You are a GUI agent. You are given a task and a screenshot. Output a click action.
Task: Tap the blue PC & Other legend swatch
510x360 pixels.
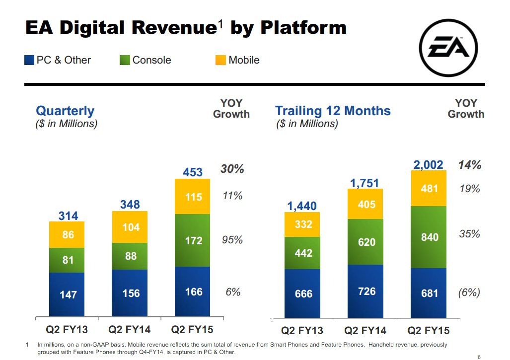click(29, 61)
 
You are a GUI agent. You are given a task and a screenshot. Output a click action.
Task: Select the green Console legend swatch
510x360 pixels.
click(125, 61)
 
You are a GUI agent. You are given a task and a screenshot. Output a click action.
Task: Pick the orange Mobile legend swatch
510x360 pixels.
click(221, 61)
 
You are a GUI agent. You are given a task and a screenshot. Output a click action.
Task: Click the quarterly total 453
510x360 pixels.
click(193, 172)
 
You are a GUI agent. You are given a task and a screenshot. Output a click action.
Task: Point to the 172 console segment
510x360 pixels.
click(193, 240)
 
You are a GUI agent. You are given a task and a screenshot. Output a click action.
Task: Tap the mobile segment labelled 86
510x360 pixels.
click(68, 234)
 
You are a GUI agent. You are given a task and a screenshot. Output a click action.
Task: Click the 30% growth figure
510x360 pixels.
click(232, 169)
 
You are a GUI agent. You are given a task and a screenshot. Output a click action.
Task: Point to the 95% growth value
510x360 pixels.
click(232, 240)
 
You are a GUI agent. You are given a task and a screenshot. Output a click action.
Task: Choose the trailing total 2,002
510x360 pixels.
click(428, 165)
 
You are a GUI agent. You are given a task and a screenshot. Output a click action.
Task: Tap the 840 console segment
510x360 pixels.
click(429, 237)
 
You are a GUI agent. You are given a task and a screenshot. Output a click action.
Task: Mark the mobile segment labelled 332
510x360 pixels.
click(303, 224)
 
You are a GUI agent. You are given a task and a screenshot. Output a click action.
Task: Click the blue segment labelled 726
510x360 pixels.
click(366, 291)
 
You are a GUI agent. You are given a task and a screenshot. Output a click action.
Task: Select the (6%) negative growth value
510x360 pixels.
click(469, 292)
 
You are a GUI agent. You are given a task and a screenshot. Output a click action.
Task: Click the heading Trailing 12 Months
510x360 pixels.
click(333, 111)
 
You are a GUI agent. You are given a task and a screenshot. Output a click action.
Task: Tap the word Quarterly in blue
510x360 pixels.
click(65, 111)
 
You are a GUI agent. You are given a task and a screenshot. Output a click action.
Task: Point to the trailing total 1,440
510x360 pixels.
click(302, 206)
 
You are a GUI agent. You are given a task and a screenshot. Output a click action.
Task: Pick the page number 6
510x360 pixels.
click(479, 357)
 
